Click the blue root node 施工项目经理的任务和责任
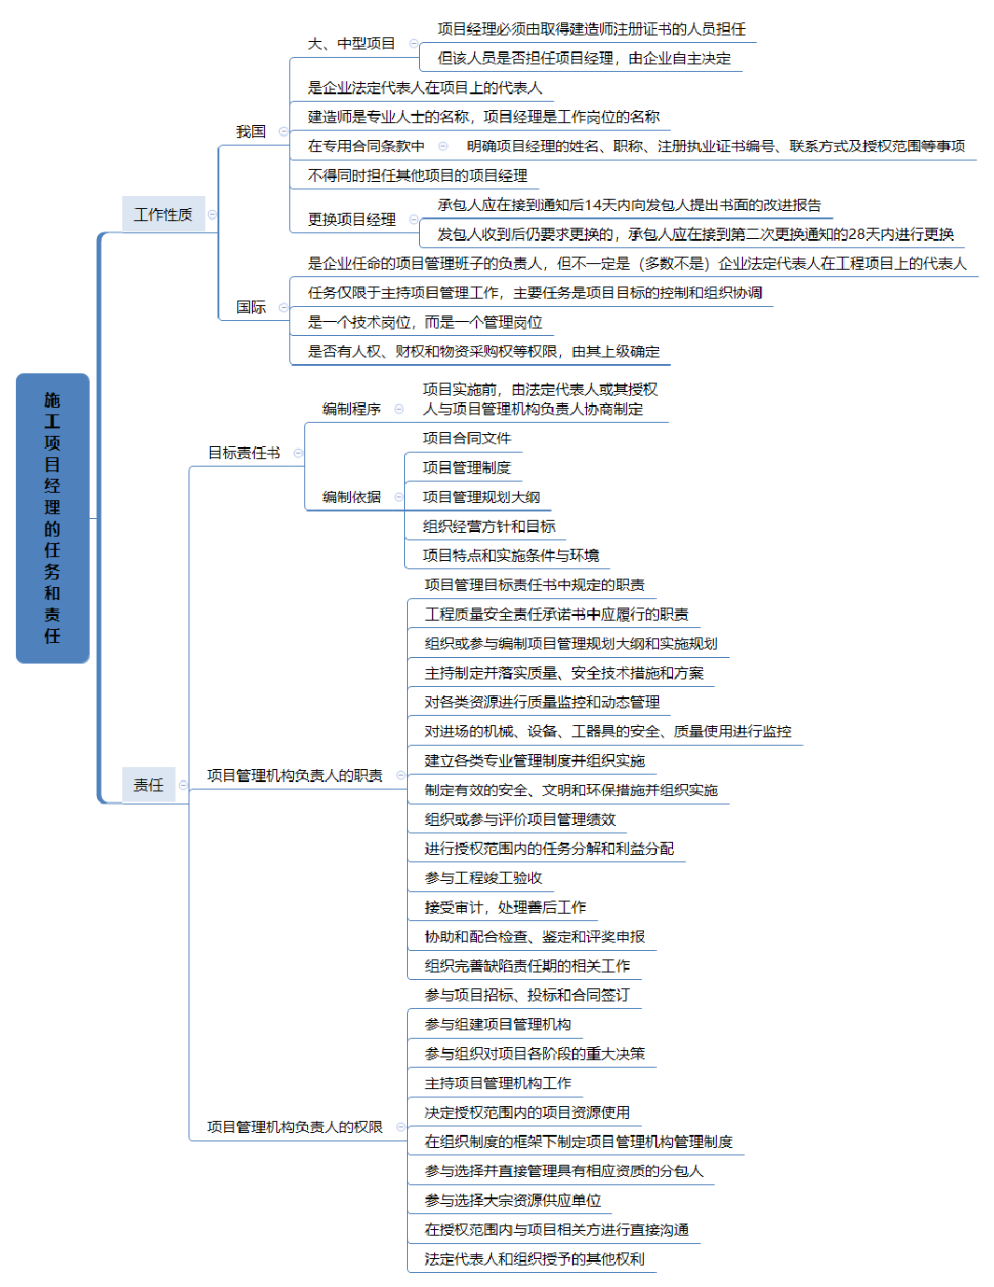point(52,518)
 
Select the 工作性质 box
point(163,215)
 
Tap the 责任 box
point(148,785)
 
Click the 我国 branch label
point(251,132)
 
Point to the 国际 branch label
point(251,307)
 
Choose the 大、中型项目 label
point(352,44)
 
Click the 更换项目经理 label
point(352,219)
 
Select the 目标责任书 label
point(244,453)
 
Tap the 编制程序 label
point(352,409)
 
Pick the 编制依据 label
point(352,497)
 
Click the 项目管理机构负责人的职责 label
point(295,776)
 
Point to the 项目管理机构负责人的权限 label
point(295,1126)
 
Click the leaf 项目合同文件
point(467,438)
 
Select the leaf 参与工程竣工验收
point(483,877)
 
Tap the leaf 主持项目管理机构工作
point(497,1083)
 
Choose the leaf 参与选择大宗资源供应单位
point(512,1200)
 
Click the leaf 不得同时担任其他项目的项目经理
point(417,175)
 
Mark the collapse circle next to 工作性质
point(212,215)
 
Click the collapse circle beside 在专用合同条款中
point(443,146)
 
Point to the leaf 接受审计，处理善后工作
point(505,907)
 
